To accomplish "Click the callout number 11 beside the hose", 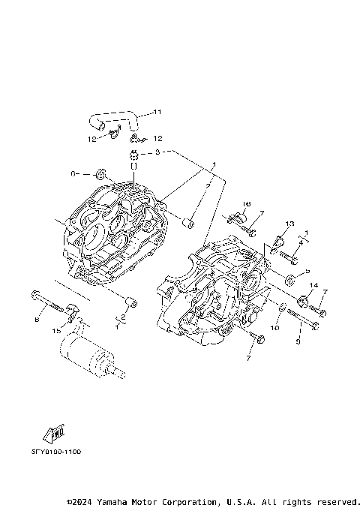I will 157,113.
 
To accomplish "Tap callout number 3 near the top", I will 158,152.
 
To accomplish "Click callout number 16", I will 246,203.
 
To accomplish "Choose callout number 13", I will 291,224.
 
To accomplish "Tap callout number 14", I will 313,286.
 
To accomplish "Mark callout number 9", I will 298,342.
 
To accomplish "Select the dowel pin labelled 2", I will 131,302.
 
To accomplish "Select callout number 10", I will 274,328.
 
